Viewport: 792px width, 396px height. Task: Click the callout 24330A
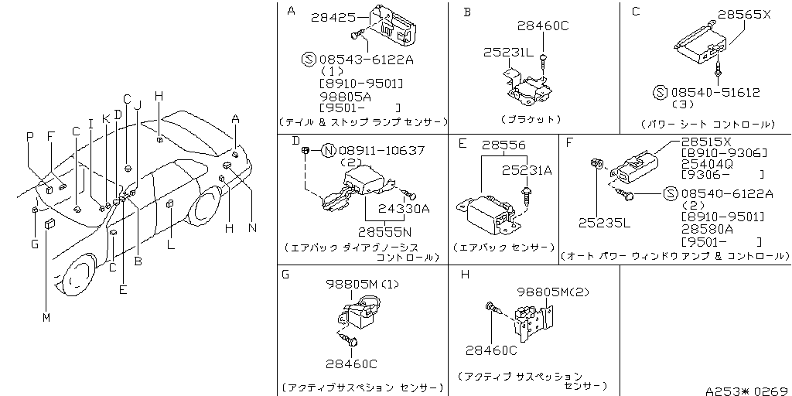pos(404,208)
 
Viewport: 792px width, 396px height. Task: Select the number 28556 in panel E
pos(503,145)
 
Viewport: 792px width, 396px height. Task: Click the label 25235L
pos(605,223)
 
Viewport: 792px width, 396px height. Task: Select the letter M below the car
pos(46,318)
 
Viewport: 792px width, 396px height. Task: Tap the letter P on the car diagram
pos(29,136)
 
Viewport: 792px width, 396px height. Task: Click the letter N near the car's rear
pos(252,227)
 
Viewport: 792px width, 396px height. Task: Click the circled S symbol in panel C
pos(660,92)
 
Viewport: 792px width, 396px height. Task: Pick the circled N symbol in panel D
pos(328,150)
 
